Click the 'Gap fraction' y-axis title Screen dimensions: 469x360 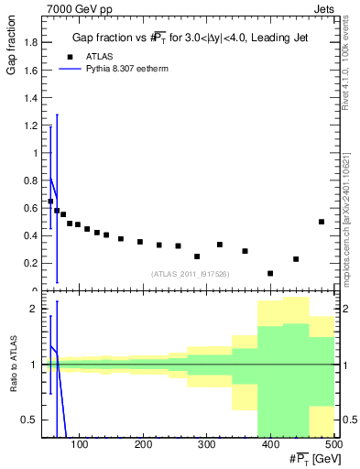tap(11, 49)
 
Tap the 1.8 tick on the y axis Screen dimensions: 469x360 tap(31, 42)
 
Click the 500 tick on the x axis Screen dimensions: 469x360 tap(332, 445)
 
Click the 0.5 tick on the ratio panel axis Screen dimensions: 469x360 tap(31, 420)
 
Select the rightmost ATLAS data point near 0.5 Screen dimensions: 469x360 tap(322, 222)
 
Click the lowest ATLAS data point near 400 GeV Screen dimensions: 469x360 tap(270, 273)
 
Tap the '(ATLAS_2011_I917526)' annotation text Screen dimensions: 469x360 tap(190, 273)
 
